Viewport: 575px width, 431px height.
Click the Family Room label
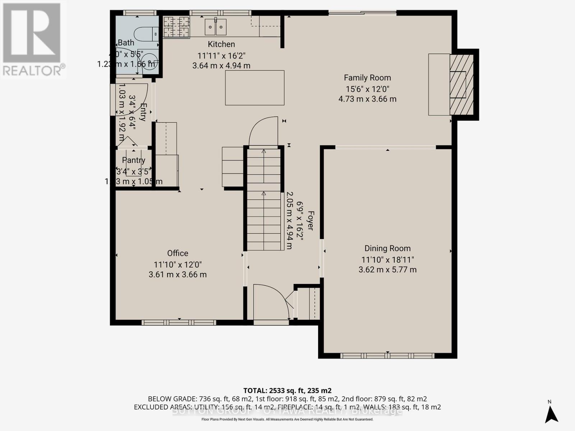point(367,78)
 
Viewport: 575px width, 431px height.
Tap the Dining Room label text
point(387,248)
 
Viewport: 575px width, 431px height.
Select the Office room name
point(178,253)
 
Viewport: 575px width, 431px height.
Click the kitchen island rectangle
point(254,88)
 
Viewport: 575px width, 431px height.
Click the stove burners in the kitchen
point(176,27)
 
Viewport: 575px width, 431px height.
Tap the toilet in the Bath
point(146,34)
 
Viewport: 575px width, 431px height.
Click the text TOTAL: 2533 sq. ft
point(287,390)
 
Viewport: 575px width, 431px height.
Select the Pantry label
point(133,160)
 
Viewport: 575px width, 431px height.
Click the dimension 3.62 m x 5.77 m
point(387,269)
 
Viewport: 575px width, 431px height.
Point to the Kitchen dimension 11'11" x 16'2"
point(221,56)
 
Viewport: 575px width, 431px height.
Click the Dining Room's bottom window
point(387,356)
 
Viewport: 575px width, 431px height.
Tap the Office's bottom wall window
point(179,323)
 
